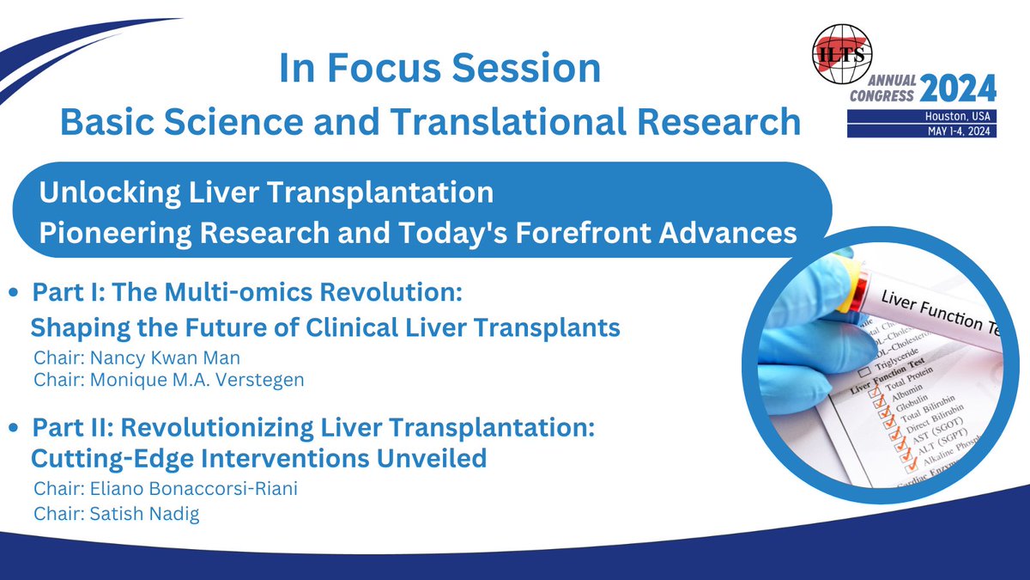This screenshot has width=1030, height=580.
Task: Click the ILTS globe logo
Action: [x=842, y=54]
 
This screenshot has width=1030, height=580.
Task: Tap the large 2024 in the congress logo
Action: [x=958, y=89]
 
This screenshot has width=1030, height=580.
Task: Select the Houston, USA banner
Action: [x=922, y=116]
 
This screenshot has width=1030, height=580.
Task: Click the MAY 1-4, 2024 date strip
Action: [x=922, y=131]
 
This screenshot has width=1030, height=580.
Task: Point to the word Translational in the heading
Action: [x=509, y=122]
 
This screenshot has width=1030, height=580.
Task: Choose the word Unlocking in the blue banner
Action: [x=110, y=193]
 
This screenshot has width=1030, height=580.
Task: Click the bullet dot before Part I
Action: [x=14, y=292]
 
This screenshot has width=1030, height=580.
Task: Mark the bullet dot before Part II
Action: [x=14, y=428]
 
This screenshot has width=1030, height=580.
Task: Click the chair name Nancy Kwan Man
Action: [x=165, y=358]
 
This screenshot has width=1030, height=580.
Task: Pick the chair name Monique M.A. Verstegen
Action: [x=197, y=380]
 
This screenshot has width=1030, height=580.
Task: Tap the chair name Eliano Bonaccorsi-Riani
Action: [x=194, y=488]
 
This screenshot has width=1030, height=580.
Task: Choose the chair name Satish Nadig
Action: [x=145, y=514]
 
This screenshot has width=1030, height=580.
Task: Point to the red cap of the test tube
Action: [x=858, y=291]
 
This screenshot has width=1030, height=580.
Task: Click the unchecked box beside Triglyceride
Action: [x=865, y=371]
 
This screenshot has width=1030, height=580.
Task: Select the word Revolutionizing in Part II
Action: [x=216, y=428]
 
